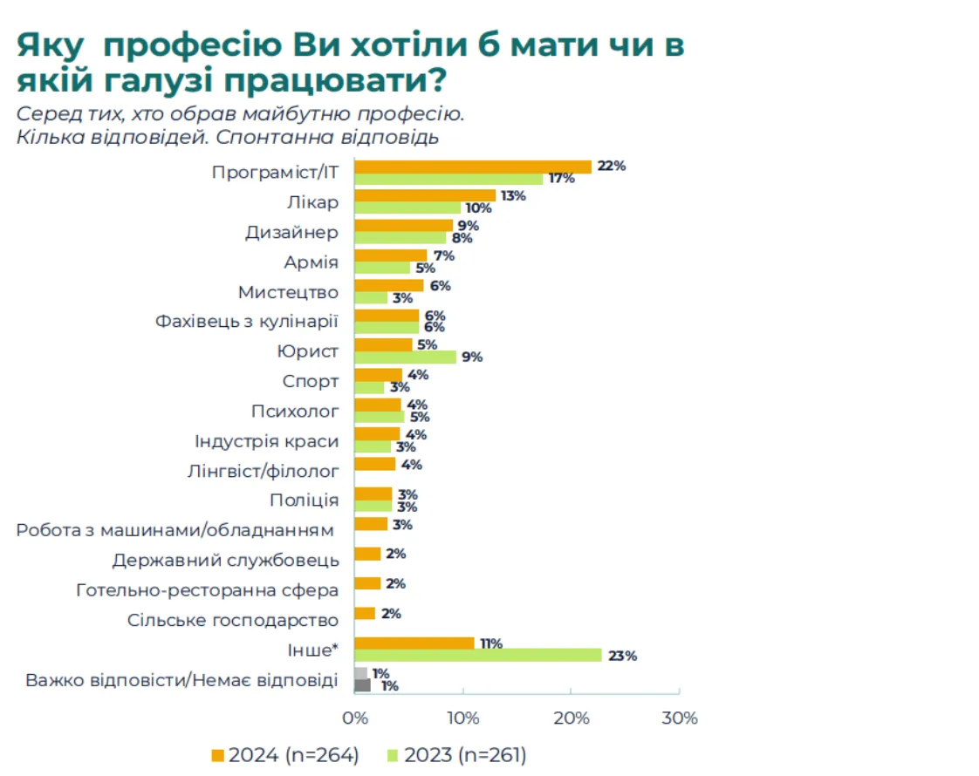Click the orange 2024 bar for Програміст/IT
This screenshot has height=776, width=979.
(472, 167)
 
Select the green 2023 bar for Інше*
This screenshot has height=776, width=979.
(477, 656)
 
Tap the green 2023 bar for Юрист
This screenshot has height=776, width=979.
(405, 357)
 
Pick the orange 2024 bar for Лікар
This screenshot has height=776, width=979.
(424, 196)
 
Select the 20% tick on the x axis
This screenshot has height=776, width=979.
(571, 718)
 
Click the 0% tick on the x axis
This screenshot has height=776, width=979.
(354, 718)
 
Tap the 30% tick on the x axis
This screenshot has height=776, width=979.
(680, 718)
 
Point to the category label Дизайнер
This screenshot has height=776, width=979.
(291, 233)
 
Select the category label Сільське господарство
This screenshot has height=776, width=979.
(232, 621)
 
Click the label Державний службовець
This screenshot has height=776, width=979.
(225, 560)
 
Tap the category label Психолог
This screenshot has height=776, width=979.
(295, 411)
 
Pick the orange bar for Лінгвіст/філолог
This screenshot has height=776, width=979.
(374, 464)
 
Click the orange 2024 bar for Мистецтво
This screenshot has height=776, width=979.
(388, 285)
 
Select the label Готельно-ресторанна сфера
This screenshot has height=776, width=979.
(208, 590)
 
